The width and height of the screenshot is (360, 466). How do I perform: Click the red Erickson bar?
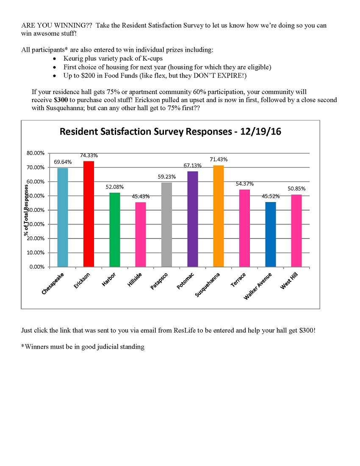[89, 214]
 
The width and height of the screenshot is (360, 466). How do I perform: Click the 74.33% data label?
[89, 155]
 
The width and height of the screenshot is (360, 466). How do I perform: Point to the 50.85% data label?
[296, 189]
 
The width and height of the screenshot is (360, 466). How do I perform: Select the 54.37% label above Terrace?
[245, 183]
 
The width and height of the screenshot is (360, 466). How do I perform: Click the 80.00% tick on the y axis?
[36, 153]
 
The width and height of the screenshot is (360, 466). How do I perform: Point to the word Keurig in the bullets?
[73, 58]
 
